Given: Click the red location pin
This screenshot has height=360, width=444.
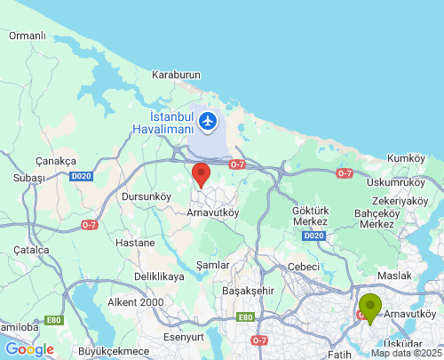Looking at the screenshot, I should point(202,174).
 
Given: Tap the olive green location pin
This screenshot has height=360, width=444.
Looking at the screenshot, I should point(370,308).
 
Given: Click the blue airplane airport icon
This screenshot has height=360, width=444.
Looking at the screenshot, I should point(209,120).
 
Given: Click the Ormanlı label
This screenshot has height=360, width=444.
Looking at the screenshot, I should point(27,36).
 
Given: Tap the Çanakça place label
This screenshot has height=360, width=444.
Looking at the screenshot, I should point(53,160).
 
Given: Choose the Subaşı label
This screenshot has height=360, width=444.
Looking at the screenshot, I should point(28,179).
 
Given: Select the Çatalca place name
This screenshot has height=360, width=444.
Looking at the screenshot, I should point(31,251).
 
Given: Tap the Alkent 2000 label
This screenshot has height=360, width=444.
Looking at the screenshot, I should point(135,302).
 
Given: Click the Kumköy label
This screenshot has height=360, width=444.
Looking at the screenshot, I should point(408,157).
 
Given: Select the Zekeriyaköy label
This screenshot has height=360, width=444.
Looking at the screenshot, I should point(400,201).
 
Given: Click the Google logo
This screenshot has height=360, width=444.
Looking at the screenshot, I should point(29,349).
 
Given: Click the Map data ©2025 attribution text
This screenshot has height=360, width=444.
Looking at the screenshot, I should point(406,353).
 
